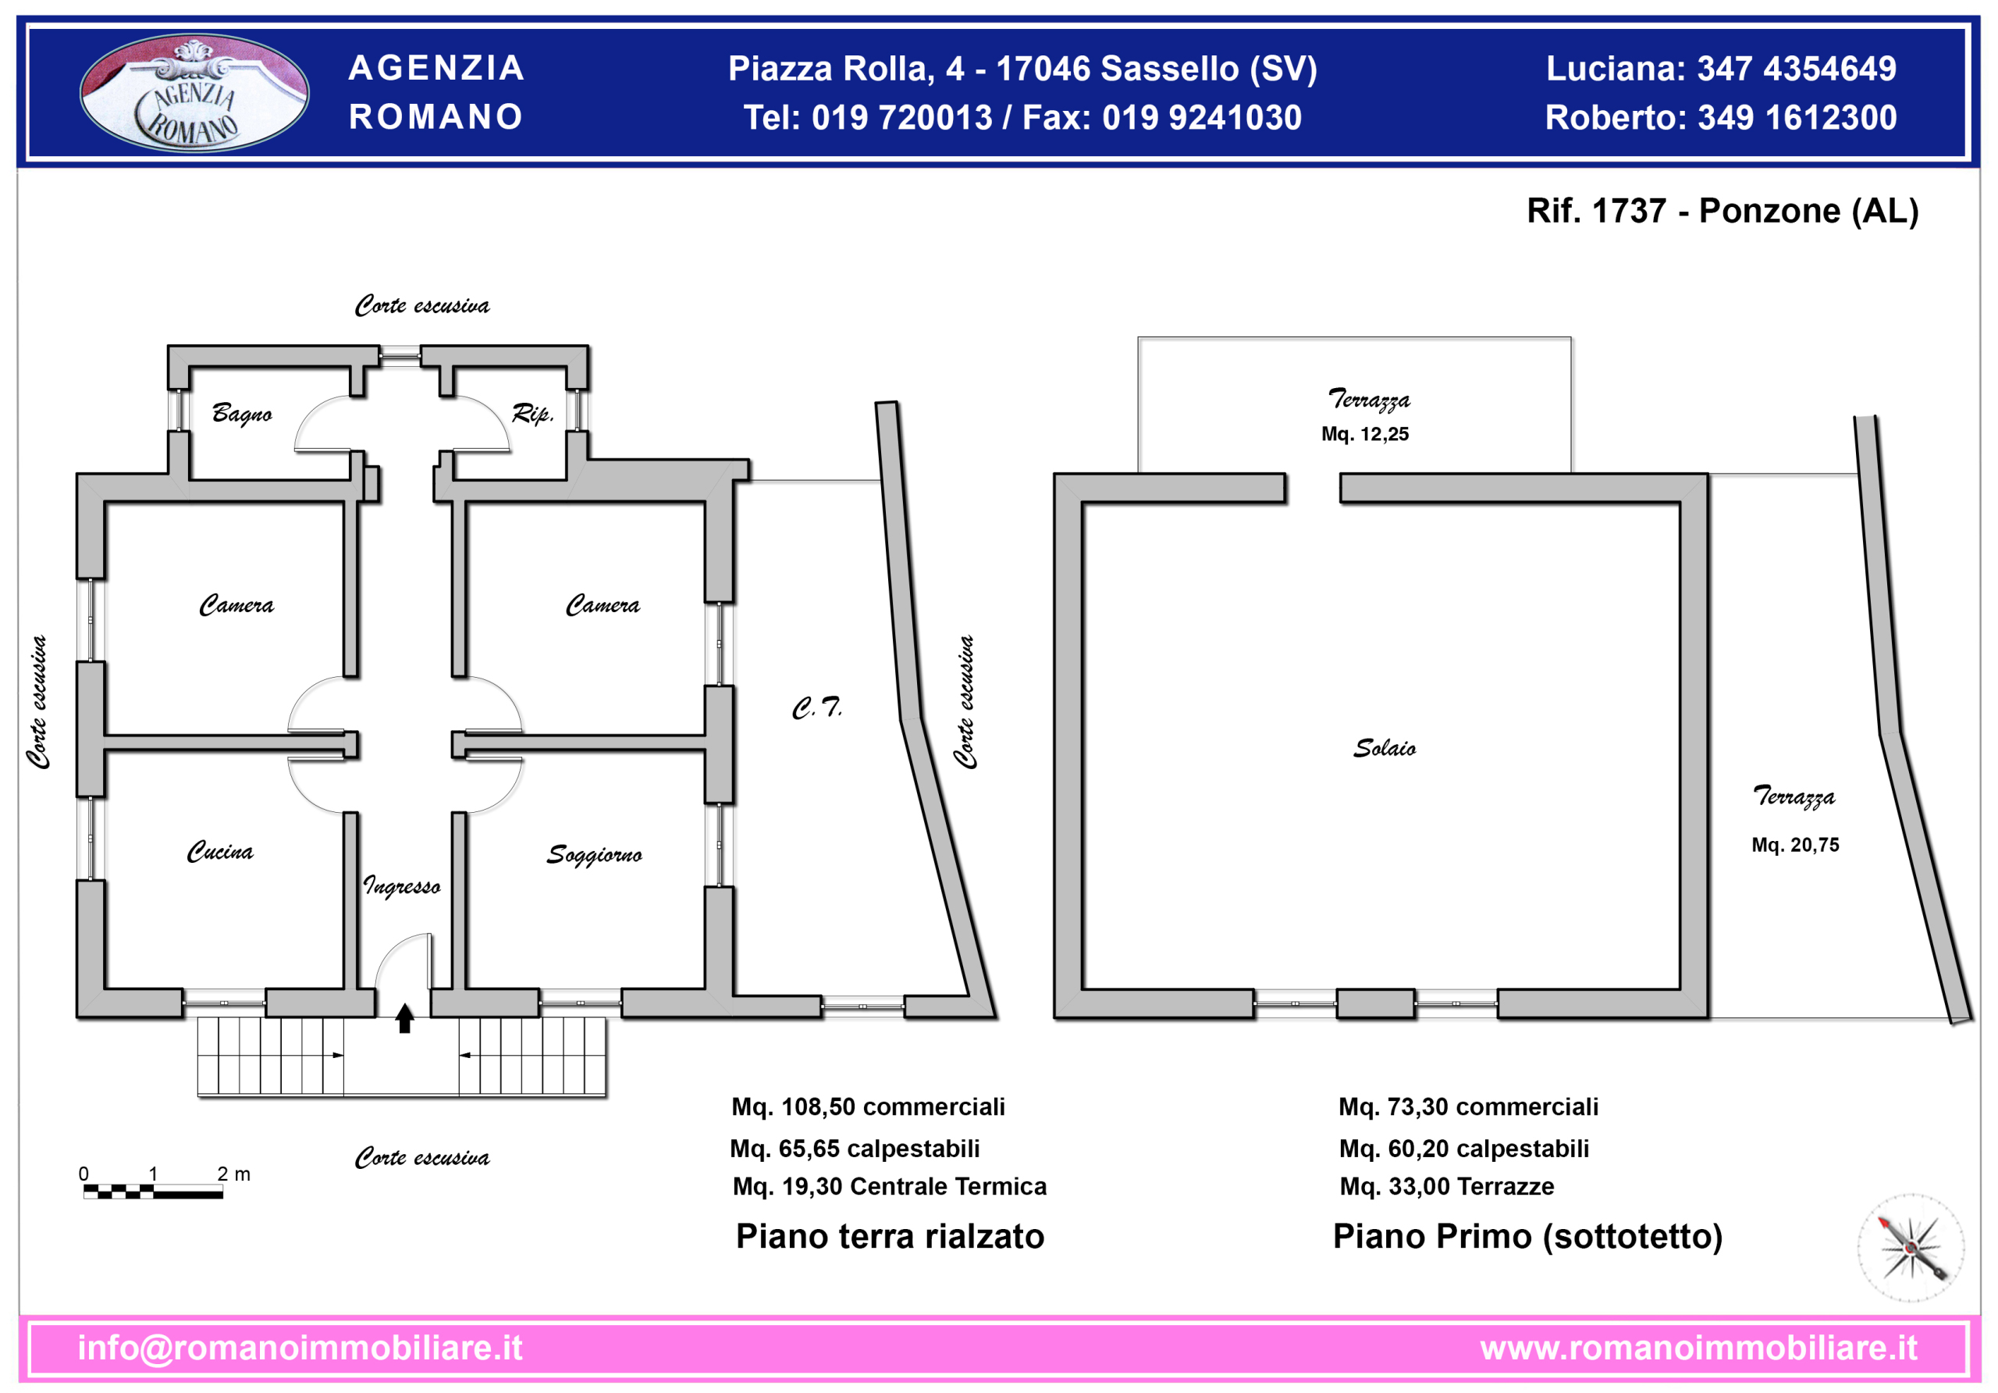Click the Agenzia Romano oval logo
click(x=194, y=92)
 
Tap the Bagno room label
click(x=242, y=414)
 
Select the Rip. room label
click(x=532, y=414)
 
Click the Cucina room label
click(x=220, y=850)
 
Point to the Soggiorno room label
click(x=595, y=855)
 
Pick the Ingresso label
click(x=402, y=885)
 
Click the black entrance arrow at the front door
click(x=404, y=1017)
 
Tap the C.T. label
click(x=817, y=707)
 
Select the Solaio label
click(x=1385, y=748)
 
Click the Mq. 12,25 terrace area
click(x=1364, y=433)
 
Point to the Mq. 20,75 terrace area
click(x=1795, y=845)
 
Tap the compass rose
click(x=1911, y=1247)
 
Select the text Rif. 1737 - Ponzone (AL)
click(x=1722, y=211)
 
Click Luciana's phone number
click(x=1797, y=69)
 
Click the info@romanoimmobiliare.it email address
click(x=300, y=1348)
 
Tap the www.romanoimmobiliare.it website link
click(x=1698, y=1348)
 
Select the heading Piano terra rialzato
click(x=890, y=1236)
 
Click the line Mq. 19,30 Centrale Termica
click(x=890, y=1186)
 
